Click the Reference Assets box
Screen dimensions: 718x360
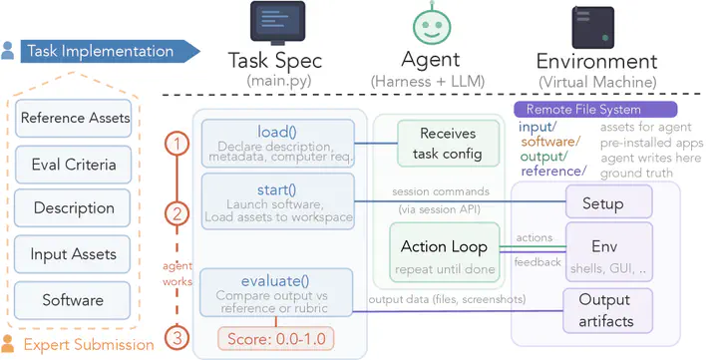(73, 118)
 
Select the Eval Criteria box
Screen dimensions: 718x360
(73, 165)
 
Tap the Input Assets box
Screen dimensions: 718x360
(73, 254)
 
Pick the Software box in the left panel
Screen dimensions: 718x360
(73, 300)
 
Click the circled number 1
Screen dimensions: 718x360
(177, 145)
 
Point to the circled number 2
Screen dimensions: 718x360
(177, 213)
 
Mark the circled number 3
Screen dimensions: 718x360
(177, 338)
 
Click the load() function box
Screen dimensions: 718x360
(278, 144)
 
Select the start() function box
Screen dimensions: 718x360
(278, 201)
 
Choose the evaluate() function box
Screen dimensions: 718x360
(276, 292)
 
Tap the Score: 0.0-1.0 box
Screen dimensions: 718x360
(276, 339)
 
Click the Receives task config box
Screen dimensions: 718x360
(448, 144)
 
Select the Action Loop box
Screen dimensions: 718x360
(445, 252)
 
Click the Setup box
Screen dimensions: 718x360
(609, 201)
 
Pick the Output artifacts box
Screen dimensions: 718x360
(607, 310)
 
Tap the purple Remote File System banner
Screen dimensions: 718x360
(595, 110)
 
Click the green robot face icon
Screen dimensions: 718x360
(432, 25)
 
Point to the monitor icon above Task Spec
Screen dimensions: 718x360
(277, 23)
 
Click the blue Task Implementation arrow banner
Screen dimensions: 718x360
(110, 51)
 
